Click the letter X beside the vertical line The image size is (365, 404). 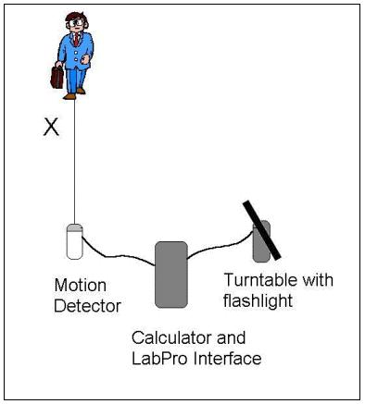(51, 128)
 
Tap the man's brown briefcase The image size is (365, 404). (57, 77)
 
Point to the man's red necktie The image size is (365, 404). (77, 40)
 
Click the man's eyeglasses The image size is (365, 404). (76, 22)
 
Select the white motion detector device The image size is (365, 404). (75, 241)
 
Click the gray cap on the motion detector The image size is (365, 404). (75, 227)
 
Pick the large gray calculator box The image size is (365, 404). (171, 275)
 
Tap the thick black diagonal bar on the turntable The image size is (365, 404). (261, 230)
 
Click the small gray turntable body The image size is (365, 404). (261, 241)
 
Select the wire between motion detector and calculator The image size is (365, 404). (119, 255)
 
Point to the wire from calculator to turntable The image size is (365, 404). (220, 247)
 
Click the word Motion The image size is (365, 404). (81, 286)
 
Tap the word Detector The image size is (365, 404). (87, 306)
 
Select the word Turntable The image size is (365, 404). (260, 280)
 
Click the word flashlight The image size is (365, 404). (258, 300)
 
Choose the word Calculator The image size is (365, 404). (172, 337)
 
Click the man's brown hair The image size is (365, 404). (76, 17)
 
